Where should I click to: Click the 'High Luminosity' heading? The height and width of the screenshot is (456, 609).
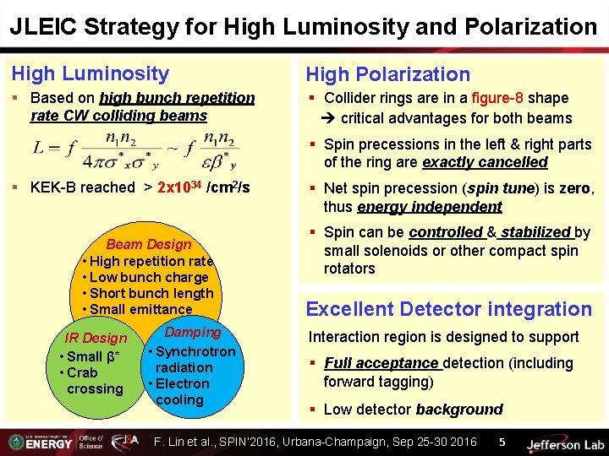[x=90, y=74]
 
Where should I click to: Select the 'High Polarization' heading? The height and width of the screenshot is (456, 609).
[x=387, y=75]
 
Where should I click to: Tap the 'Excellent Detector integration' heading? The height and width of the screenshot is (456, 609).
[x=448, y=309]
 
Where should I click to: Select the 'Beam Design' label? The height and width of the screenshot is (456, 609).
[x=149, y=245]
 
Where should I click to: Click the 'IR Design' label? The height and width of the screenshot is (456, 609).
[x=96, y=338]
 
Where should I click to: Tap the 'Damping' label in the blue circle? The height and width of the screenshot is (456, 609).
[x=193, y=333]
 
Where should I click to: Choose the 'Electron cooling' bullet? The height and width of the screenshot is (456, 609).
[x=178, y=392]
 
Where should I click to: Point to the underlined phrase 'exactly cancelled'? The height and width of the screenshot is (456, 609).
[x=485, y=162]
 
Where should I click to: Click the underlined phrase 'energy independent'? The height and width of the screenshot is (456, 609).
[x=430, y=207]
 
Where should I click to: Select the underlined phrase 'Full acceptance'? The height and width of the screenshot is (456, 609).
[x=382, y=363]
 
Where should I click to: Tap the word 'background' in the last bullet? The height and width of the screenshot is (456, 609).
[x=459, y=410]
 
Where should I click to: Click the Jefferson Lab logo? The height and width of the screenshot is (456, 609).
[x=565, y=442]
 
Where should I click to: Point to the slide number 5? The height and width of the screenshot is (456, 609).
[x=502, y=442]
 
